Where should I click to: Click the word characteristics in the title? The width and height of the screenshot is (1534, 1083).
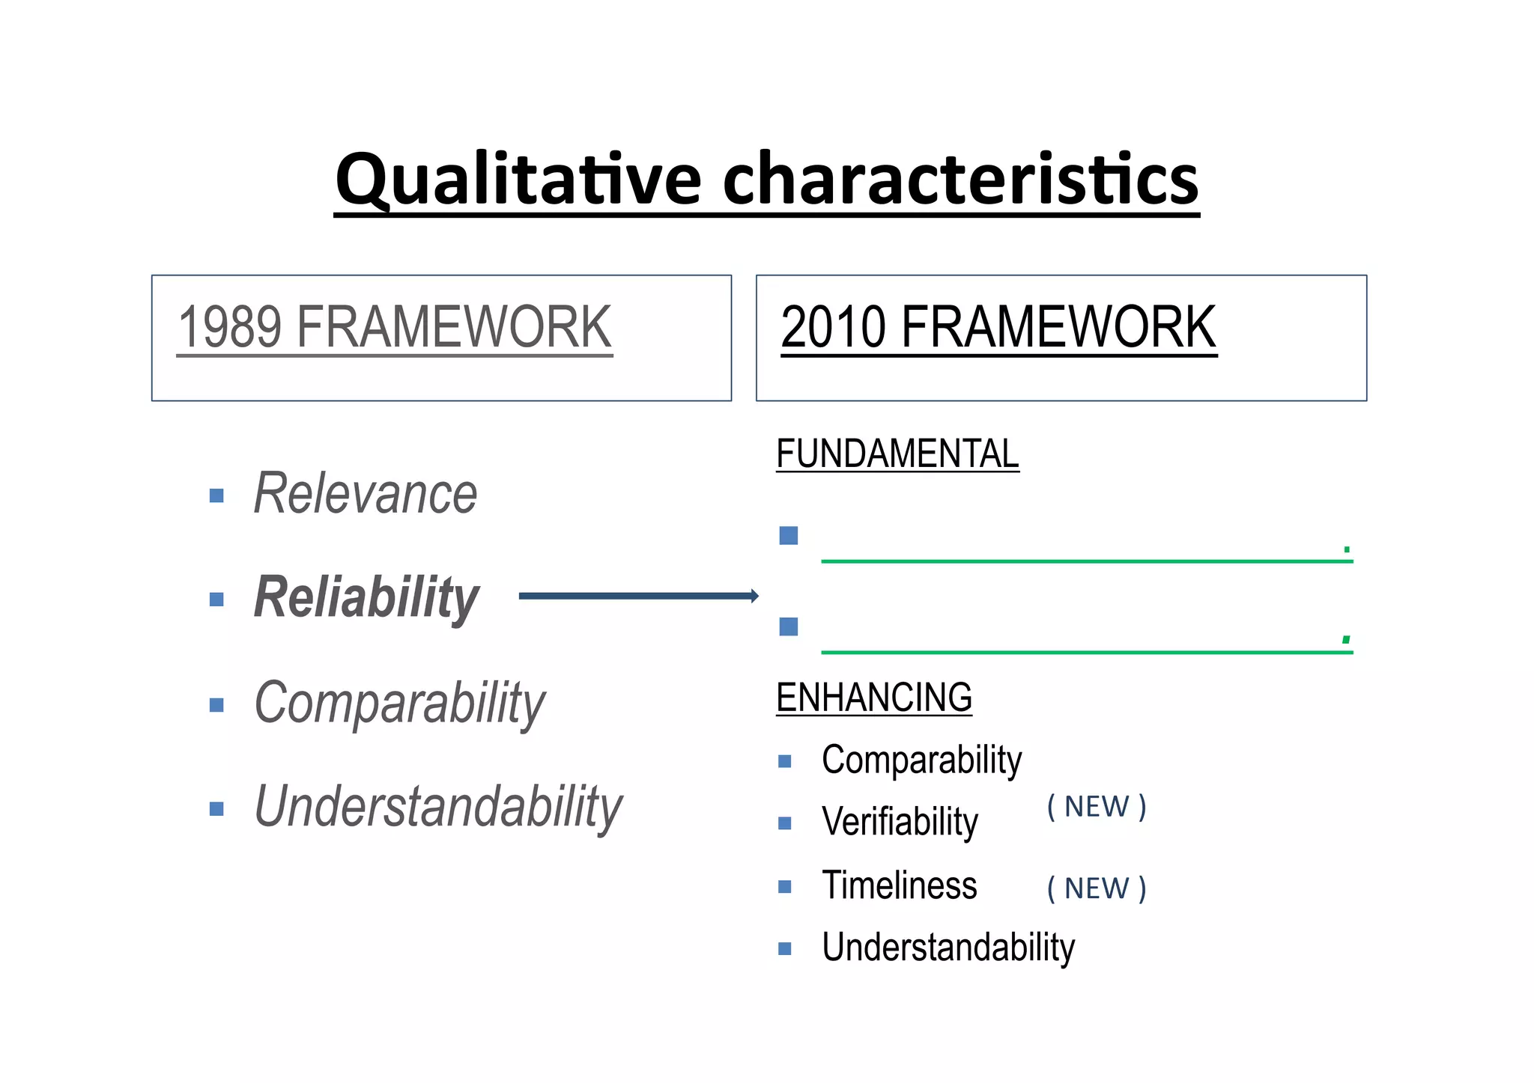960,180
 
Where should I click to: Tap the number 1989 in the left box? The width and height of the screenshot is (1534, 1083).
229,327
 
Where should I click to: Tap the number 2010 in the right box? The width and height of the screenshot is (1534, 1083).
833,327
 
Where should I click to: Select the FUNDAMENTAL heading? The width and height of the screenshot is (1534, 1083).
897,454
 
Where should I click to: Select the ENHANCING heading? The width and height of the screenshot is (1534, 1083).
873,698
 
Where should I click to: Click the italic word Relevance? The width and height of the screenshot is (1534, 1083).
366,494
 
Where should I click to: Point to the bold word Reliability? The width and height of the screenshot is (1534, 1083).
366,597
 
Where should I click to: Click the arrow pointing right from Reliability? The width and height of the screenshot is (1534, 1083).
638,596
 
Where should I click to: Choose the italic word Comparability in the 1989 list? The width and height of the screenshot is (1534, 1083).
400,704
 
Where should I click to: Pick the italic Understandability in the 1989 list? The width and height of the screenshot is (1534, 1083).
438,807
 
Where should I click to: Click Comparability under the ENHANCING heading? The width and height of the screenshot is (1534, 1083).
921,760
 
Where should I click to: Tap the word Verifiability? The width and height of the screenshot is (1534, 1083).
900,822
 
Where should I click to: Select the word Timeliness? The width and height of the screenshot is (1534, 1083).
899,885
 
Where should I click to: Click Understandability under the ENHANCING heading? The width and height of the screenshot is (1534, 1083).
948,948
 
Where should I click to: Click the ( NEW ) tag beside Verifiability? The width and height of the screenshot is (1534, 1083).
1097,807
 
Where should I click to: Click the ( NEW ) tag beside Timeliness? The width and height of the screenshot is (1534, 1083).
1097,888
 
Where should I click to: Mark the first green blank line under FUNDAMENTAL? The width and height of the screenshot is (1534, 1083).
1086,561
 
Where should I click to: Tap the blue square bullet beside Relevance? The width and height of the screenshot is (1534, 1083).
216,495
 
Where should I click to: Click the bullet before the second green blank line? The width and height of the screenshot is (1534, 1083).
788,626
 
